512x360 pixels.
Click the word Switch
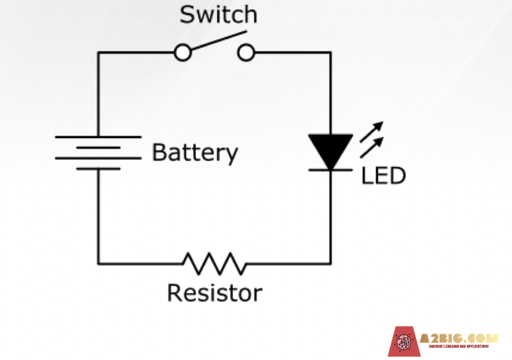coord(217,14)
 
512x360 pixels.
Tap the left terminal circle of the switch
coord(183,53)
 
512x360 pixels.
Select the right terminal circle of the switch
coord(246,53)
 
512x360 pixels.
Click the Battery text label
coord(195,153)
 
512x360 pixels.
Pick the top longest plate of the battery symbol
coord(98,137)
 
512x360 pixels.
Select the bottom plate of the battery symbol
coord(98,169)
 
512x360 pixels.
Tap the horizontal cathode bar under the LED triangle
coord(330,169)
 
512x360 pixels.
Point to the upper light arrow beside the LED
coord(372,130)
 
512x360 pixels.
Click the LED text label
coord(383,176)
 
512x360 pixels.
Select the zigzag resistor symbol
coord(214,263)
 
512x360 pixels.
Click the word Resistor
coord(215,293)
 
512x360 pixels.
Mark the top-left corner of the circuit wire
coord(98,53)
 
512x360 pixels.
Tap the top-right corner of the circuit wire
coord(330,53)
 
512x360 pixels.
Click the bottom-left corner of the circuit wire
coord(98,263)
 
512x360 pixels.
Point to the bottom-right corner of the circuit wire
coord(330,263)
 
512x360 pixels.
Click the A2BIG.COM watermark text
coord(459,338)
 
